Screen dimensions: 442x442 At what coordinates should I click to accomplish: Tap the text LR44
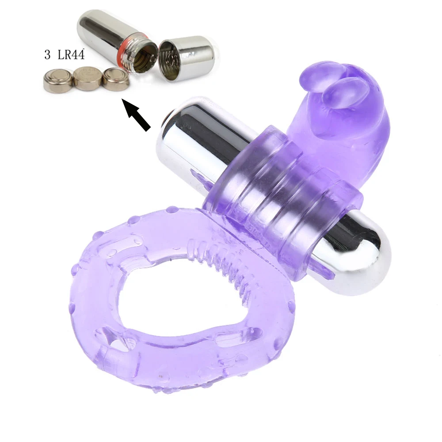[x=71, y=54]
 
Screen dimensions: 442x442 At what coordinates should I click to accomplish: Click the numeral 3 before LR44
[x=47, y=54]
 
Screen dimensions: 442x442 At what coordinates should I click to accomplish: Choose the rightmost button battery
[x=116, y=80]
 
